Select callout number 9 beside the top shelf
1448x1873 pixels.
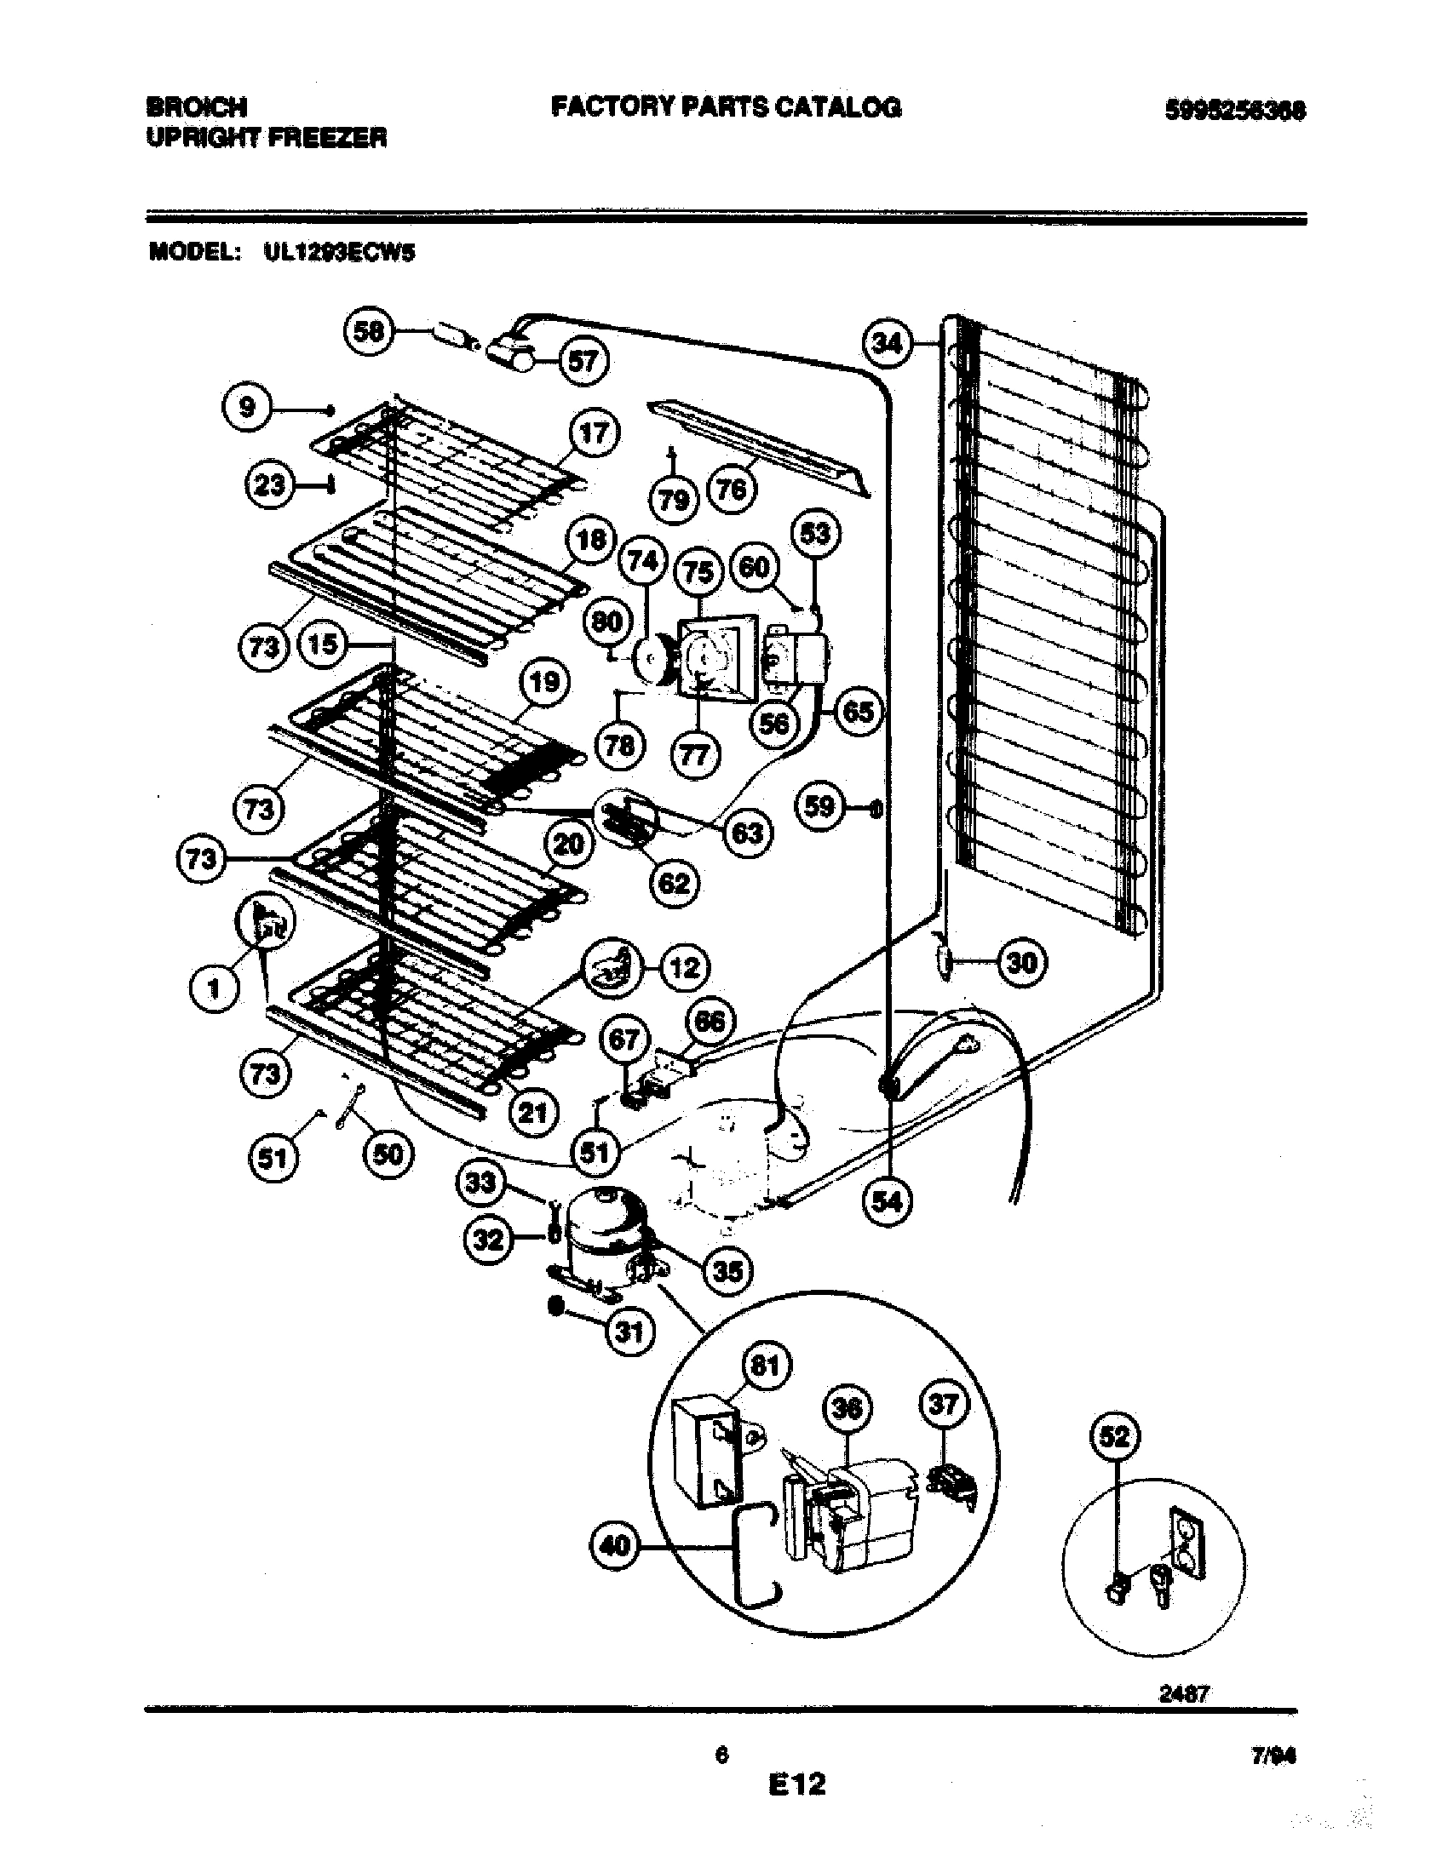[247, 407]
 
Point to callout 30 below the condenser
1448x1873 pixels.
[1020, 963]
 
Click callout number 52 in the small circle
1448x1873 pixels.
[1114, 1436]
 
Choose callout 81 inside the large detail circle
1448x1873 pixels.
[765, 1365]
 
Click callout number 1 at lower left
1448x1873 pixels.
[215, 988]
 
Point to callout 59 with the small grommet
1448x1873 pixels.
[820, 806]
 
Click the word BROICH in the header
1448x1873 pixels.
[198, 107]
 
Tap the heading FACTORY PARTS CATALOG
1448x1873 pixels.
[726, 107]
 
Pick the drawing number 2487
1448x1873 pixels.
[1184, 1693]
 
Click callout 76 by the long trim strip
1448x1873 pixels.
[731, 490]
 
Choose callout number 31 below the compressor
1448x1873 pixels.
[629, 1332]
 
